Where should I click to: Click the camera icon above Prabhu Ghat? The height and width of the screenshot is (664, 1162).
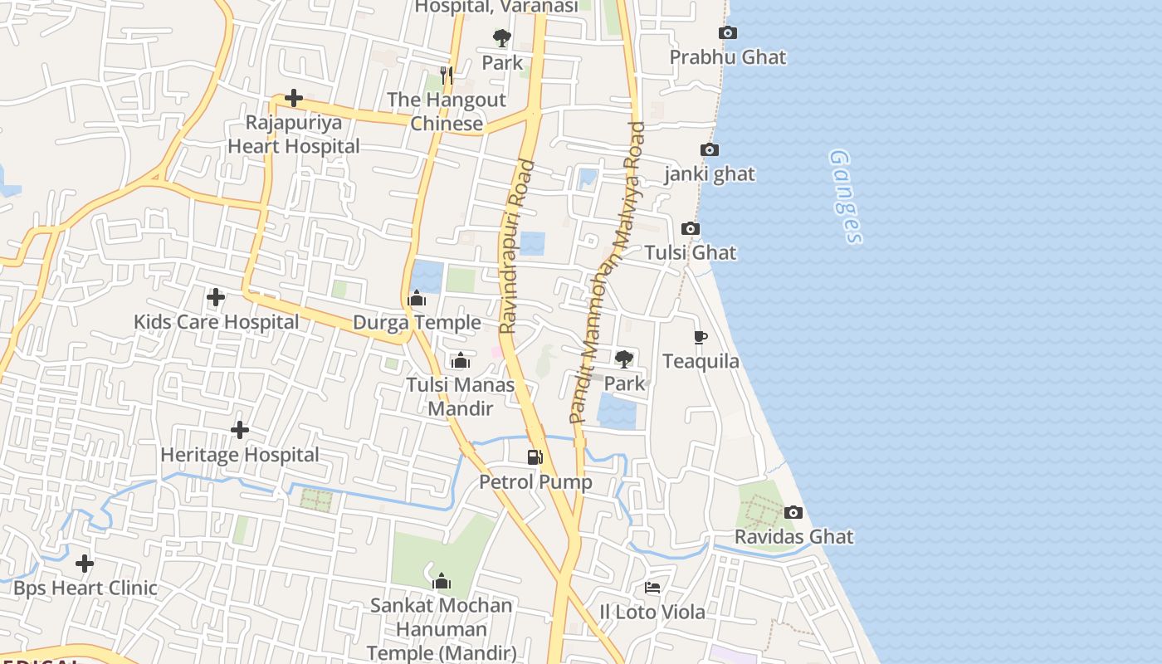tap(728, 33)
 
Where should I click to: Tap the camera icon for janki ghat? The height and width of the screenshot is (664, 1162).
tap(710, 150)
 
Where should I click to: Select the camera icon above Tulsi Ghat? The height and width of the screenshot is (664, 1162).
tap(691, 229)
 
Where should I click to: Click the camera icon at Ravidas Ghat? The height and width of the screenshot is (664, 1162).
tap(793, 513)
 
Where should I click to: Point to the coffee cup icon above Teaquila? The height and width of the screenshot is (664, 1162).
tap(701, 337)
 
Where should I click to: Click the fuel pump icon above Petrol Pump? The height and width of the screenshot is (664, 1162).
tap(535, 457)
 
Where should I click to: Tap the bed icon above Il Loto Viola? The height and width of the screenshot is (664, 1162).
tap(652, 588)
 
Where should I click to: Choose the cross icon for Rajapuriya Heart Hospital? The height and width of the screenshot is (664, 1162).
tap(293, 99)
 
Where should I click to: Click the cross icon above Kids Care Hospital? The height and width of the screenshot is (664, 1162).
tap(216, 297)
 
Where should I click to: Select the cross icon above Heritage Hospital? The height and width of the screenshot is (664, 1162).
tap(240, 430)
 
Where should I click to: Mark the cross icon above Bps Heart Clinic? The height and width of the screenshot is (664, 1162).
tap(85, 564)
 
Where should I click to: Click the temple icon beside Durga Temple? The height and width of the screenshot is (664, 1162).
tap(417, 299)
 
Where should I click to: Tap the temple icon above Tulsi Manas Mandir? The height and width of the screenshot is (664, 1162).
tap(461, 361)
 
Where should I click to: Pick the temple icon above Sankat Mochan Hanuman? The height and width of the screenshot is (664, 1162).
tap(442, 581)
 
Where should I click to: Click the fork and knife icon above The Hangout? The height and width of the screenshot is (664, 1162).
tap(447, 76)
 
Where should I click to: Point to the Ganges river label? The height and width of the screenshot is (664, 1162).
tap(846, 197)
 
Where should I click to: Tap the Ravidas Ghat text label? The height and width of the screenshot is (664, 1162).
tap(793, 537)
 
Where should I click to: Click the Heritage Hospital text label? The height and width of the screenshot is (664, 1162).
tap(240, 455)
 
